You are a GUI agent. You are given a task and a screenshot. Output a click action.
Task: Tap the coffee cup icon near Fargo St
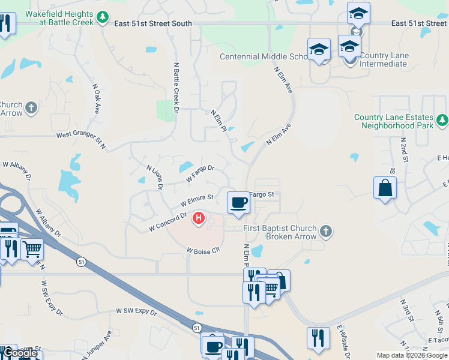[239, 202]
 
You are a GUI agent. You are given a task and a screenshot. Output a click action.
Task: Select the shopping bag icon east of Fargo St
[385, 188]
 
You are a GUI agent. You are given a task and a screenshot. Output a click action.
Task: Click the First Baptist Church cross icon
[325, 230]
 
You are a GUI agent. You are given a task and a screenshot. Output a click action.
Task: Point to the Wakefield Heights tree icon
[103, 16]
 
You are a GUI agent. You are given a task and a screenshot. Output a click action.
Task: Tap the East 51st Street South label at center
[153, 23]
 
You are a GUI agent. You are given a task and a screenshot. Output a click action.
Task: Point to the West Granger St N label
[81, 140]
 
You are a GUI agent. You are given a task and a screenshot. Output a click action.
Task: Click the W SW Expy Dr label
[136, 312]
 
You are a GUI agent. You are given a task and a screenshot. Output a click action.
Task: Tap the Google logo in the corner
[19, 353]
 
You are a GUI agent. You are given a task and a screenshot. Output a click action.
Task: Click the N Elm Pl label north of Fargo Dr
[218, 120]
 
